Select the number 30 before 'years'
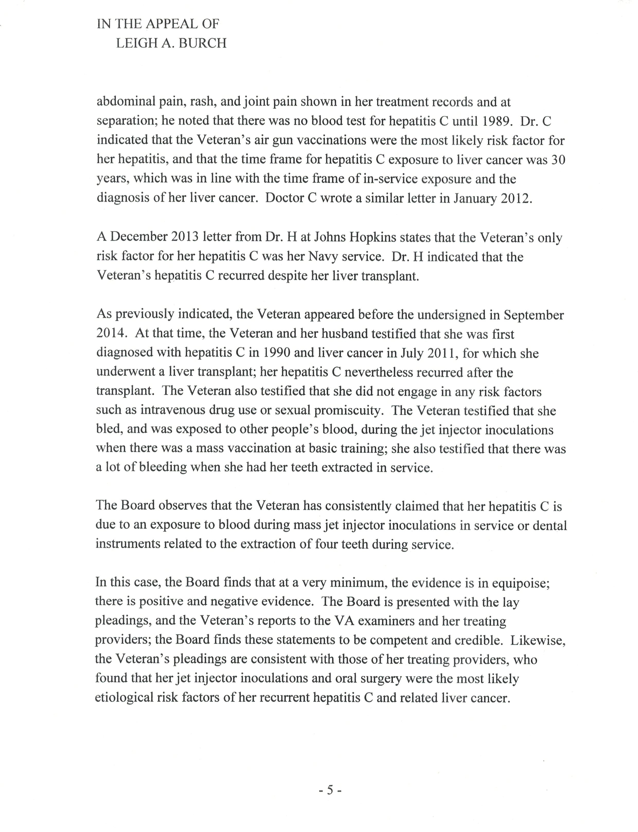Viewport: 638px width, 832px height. coord(558,160)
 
